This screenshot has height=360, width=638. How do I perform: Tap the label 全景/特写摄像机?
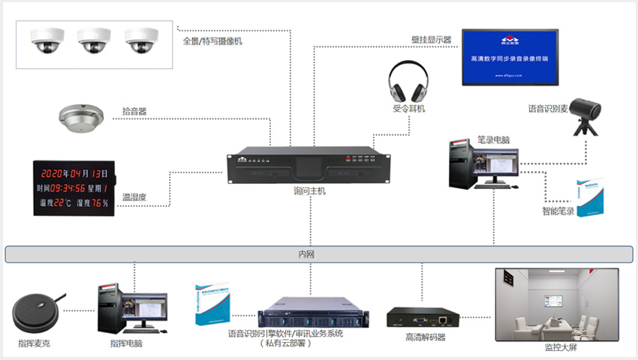click(212, 41)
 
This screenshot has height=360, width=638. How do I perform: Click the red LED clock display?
click(74, 187)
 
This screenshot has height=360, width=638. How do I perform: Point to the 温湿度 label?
click(134, 197)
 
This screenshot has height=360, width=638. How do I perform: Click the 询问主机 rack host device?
click(309, 167)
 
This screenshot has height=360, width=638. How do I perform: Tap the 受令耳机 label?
click(408, 109)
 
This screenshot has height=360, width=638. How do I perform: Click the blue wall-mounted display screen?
click(510, 57)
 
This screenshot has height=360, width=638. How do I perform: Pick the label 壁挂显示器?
click(431, 40)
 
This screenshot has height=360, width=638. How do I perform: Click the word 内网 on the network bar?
click(306, 255)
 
